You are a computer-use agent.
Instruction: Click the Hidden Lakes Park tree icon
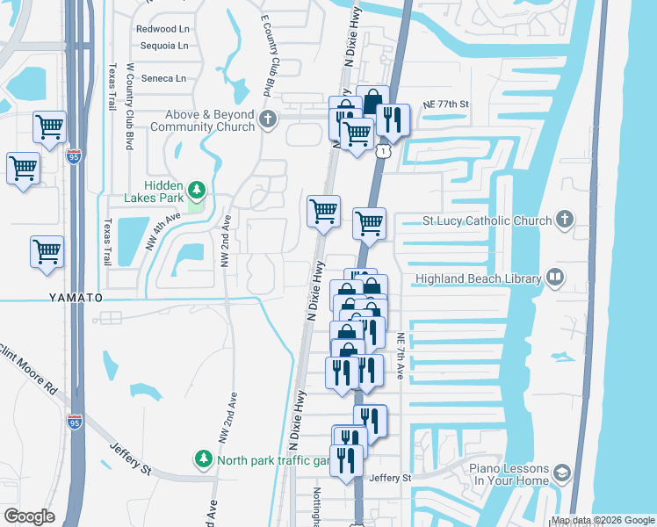(199, 189)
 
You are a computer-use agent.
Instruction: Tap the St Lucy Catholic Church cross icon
(565, 220)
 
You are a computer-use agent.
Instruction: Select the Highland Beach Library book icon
(554, 278)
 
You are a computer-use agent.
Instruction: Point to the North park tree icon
(204, 459)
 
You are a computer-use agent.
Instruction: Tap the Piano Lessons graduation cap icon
(560, 475)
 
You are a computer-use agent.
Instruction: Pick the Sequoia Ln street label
(162, 46)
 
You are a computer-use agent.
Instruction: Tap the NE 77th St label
(446, 104)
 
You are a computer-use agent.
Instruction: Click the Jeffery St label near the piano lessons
(390, 478)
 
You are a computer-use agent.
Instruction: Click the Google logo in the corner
(29, 516)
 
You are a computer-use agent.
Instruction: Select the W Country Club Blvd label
(129, 105)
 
